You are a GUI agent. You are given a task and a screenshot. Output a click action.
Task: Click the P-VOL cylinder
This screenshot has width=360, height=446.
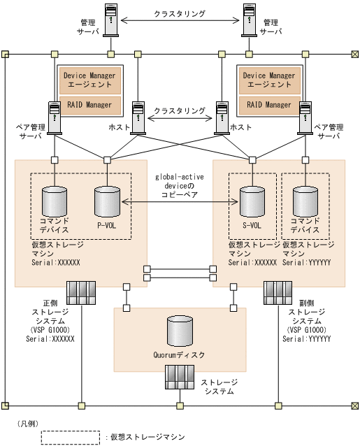[107, 201]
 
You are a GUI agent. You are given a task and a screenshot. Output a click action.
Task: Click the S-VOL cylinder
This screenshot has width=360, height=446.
[252, 201]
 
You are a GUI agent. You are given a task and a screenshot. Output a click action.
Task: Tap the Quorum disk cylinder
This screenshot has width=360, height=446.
[180, 331]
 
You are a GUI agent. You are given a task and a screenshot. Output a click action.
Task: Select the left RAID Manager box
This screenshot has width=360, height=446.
[90, 106]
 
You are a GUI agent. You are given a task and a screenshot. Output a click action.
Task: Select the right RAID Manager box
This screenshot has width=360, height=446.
[270, 106]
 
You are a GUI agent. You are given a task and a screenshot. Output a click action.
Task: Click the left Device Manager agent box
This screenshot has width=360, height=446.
[90, 80]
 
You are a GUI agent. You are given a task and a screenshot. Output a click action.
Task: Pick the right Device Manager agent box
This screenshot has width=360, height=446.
[270, 80]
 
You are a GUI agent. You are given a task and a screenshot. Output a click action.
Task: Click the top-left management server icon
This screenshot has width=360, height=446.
[111, 20]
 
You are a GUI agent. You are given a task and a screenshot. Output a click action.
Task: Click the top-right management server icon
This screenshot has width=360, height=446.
[249, 20]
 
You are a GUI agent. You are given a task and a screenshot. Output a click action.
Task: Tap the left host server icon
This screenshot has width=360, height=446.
[138, 117]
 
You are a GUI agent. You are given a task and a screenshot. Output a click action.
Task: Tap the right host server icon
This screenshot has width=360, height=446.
[222, 117]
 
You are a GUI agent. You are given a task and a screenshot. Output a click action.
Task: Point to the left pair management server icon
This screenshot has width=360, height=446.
[55, 117]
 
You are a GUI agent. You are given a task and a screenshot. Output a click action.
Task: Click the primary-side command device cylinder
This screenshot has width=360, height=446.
[55, 201]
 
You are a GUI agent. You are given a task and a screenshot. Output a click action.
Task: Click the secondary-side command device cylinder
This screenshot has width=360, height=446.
[305, 201]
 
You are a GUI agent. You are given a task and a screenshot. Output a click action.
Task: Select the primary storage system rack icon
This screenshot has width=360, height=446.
[81, 293]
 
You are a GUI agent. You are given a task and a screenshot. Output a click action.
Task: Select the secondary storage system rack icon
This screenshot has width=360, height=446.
[278, 293]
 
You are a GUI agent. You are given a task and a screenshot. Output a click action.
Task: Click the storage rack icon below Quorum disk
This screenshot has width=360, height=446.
[180, 377]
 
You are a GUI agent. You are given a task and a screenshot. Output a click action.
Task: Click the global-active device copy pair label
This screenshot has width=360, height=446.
[180, 186]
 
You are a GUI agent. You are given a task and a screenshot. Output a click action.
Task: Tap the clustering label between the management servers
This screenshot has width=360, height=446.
[180, 13]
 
